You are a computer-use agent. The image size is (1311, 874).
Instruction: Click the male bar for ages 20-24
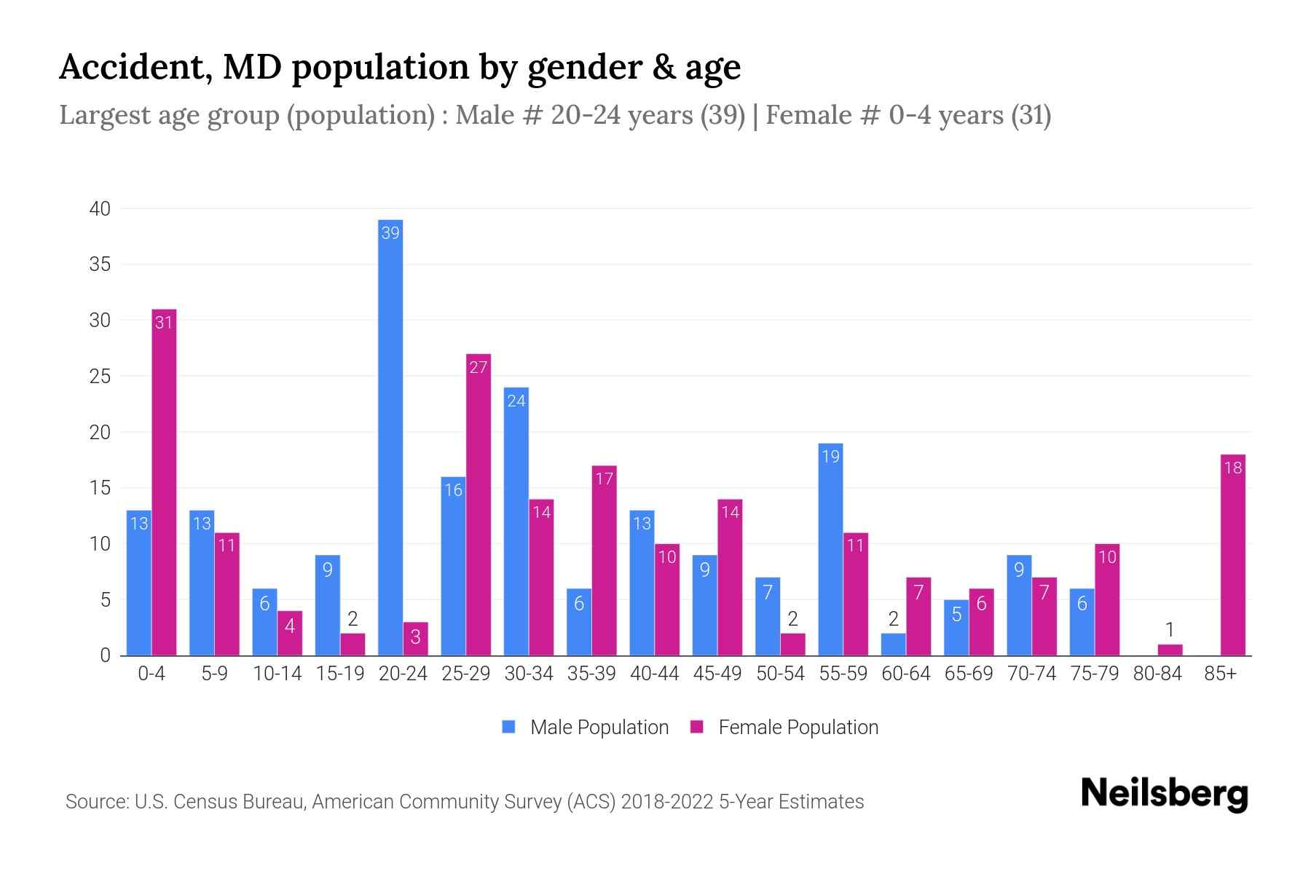point(390,437)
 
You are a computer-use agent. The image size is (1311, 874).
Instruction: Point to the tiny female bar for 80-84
point(1170,650)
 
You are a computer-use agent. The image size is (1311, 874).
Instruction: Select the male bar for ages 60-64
point(893,645)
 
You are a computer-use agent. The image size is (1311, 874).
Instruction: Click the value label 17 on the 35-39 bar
point(605,479)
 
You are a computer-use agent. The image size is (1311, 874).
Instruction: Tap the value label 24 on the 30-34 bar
point(516,401)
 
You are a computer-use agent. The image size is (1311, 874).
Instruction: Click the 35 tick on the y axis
point(100,264)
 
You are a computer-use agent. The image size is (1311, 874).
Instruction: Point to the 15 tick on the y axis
point(100,488)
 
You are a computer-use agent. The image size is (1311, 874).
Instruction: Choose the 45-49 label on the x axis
point(717,674)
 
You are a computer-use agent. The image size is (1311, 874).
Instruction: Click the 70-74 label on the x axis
point(1031,674)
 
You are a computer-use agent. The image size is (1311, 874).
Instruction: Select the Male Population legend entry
point(599,727)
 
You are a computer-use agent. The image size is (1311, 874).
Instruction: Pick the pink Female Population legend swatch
point(697,727)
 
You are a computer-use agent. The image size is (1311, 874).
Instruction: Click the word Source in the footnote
point(96,802)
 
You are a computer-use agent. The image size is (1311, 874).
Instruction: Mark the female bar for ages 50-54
point(793,645)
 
